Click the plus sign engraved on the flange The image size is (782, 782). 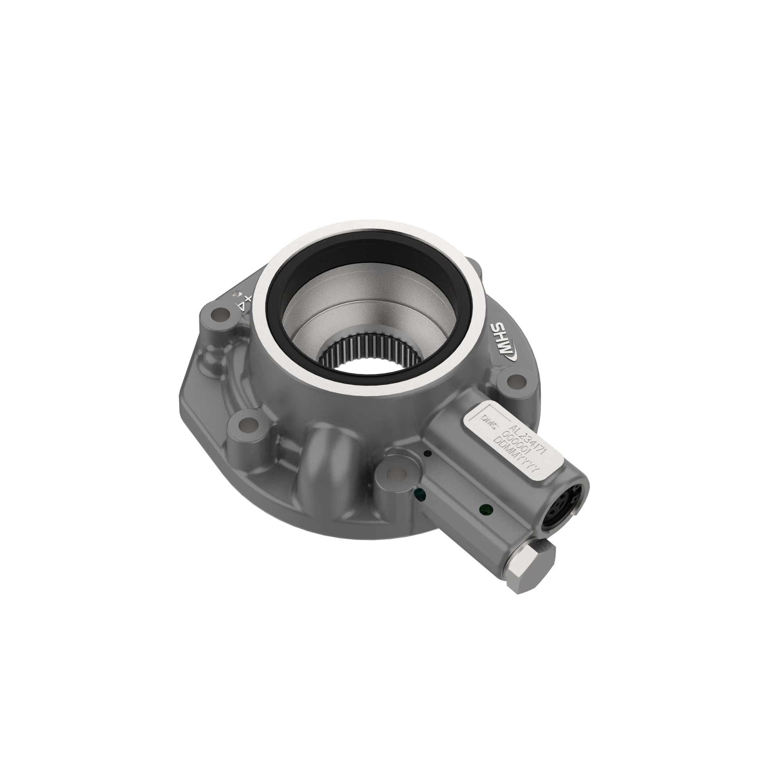248,299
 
